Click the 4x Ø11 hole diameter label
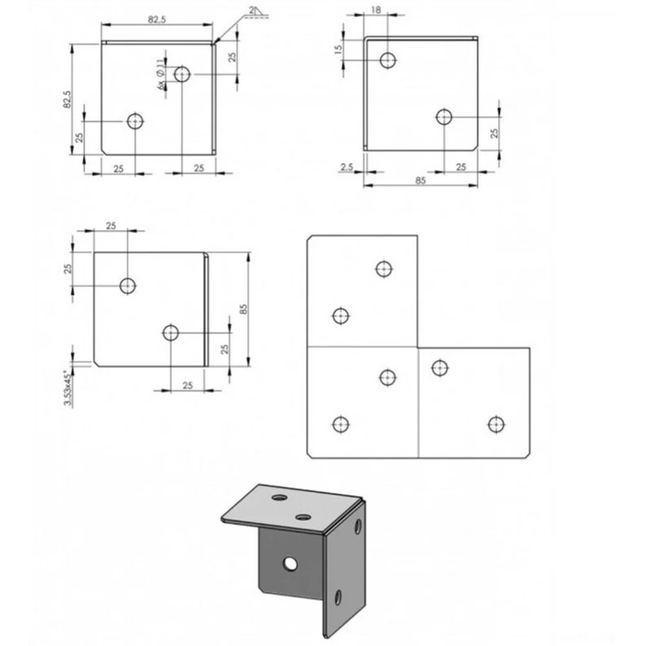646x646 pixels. pyautogui.click(x=159, y=72)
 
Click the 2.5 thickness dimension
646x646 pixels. pyautogui.click(x=346, y=167)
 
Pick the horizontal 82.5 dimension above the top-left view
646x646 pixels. pyautogui.click(x=156, y=20)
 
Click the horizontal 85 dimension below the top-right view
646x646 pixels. pyautogui.click(x=421, y=181)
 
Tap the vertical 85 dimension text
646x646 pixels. pyautogui.click(x=243, y=309)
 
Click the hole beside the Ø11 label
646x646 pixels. pyautogui.click(x=182, y=74)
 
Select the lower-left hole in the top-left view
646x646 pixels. pyautogui.click(x=135, y=121)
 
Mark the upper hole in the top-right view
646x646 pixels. pyautogui.click(x=388, y=59)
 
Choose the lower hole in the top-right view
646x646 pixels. pyautogui.click(x=444, y=116)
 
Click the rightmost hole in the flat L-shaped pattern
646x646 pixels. pyautogui.click(x=495, y=424)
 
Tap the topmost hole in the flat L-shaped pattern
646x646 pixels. pyautogui.click(x=383, y=268)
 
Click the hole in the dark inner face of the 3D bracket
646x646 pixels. pyautogui.click(x=290, y=563)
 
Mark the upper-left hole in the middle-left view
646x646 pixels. pyautogui.click(x=127, y=286)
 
